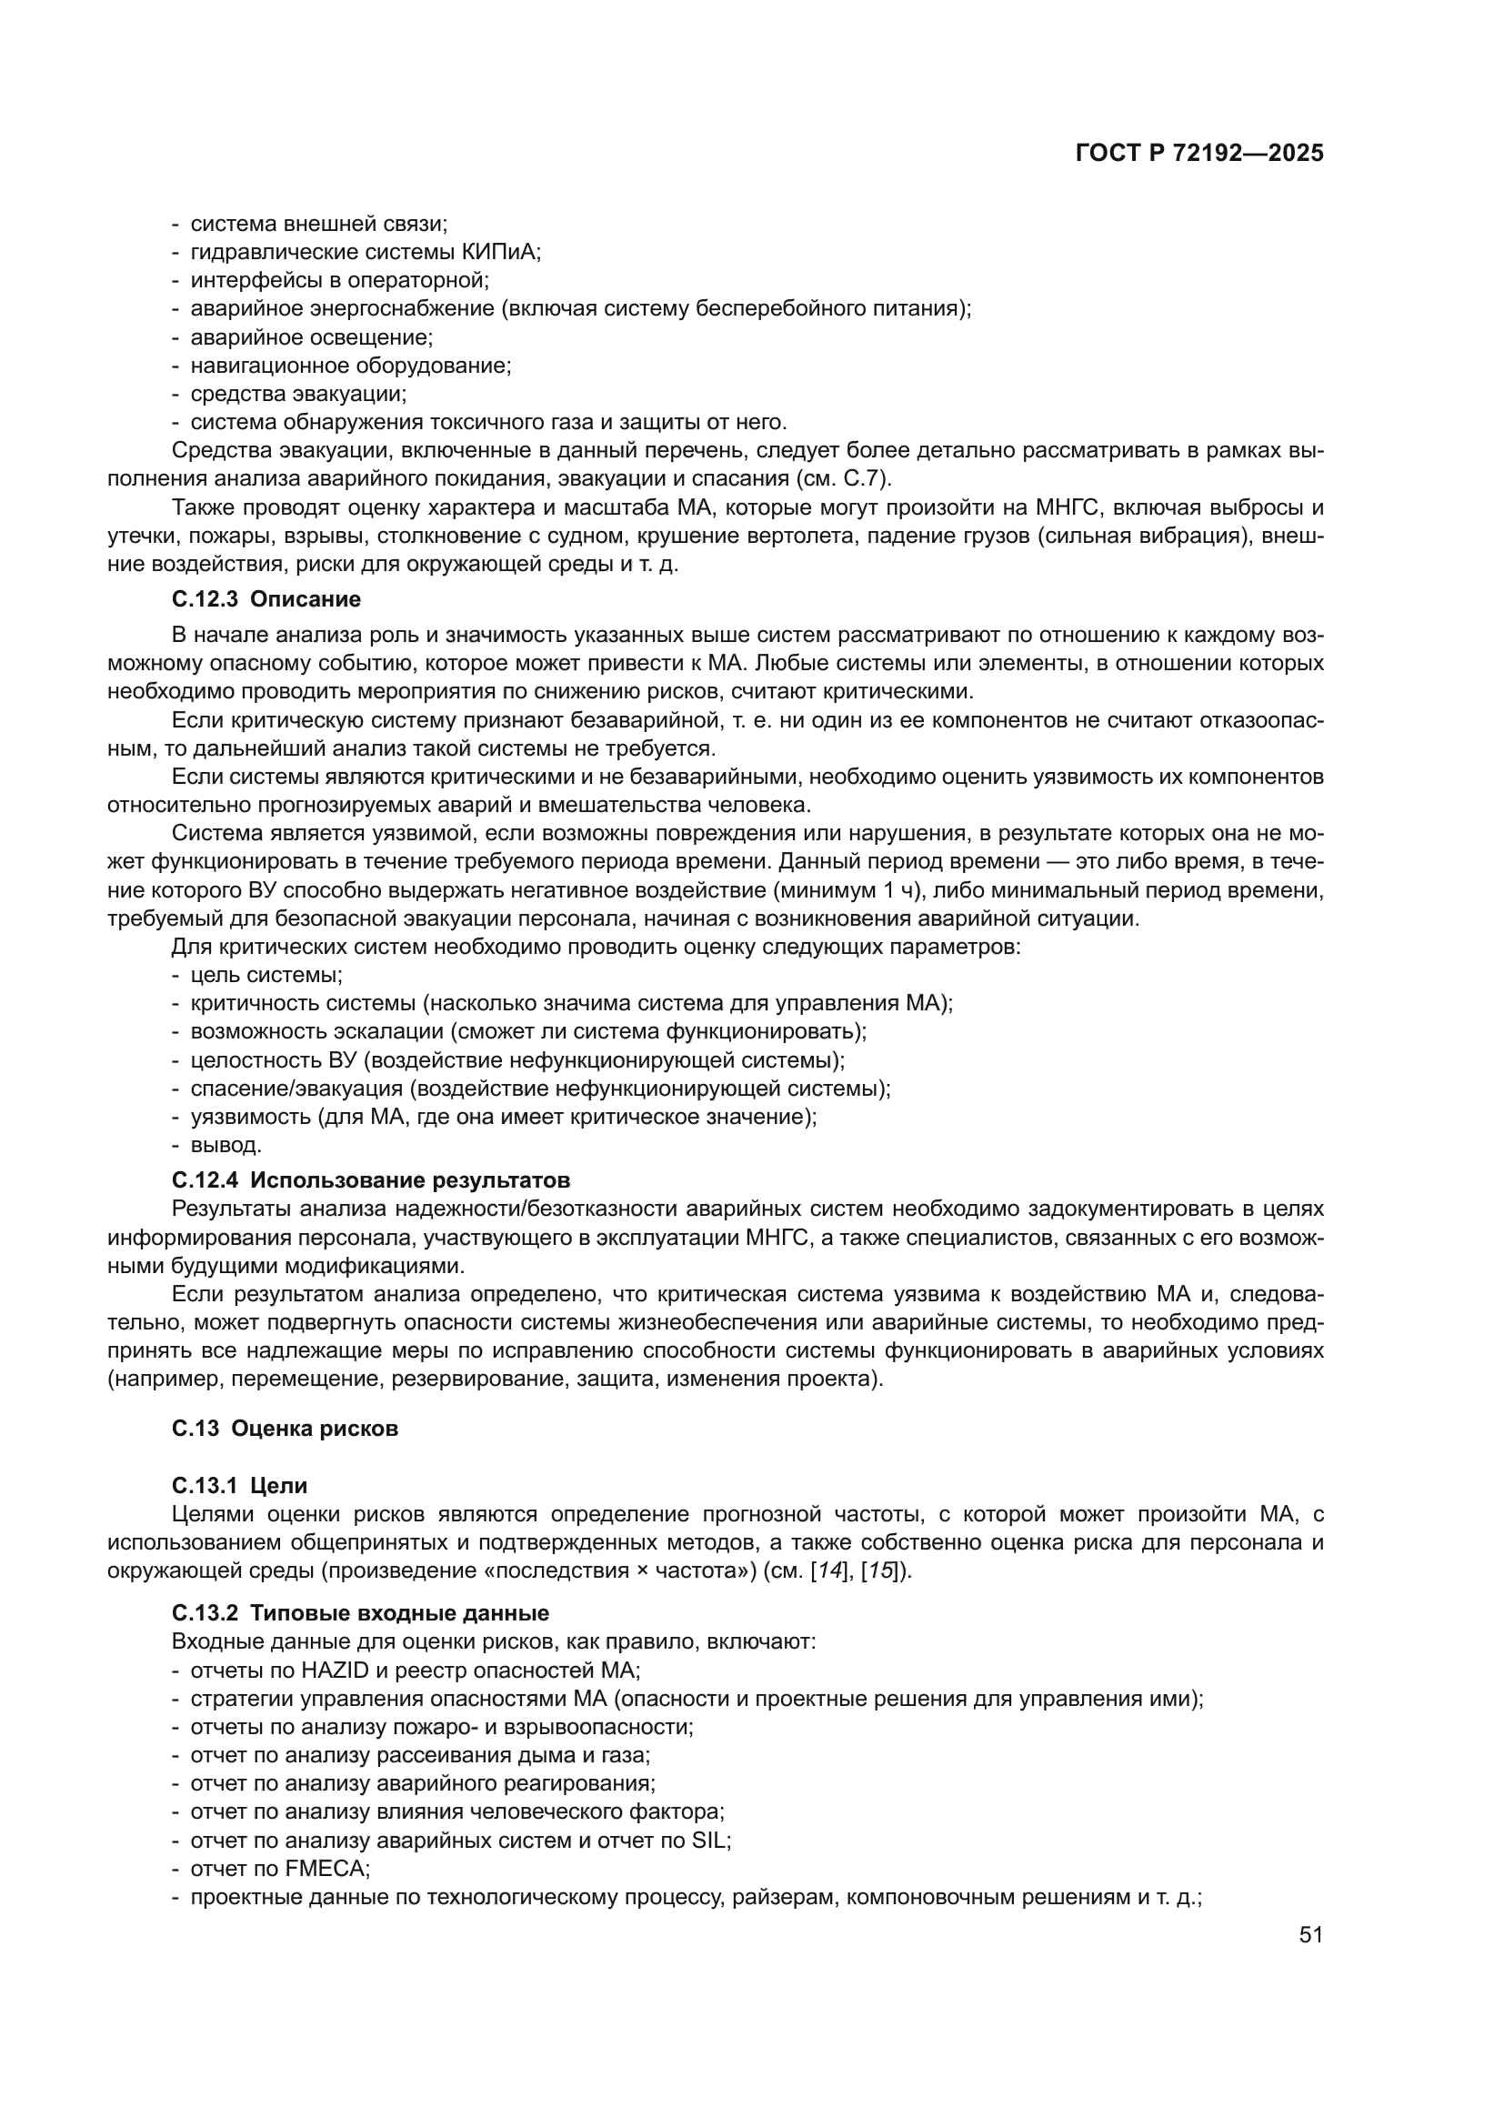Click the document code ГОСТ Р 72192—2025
coord(1199,154)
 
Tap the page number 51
coord(1310,1934)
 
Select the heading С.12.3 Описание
coord(266,599)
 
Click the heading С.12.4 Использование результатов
coord(370,1180)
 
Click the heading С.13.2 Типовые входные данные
coord(360,1613)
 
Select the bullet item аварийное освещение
coord(311,337)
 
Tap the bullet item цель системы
coord(266,975)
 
